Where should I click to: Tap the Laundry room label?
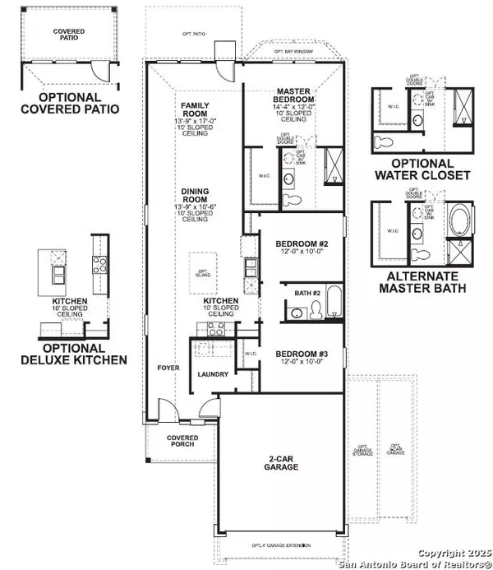[212, 375]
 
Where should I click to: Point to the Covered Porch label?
[182, 442]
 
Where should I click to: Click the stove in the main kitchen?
[214, 328]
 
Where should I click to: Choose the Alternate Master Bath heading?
[421, 282]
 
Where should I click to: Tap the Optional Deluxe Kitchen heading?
[74, 353]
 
